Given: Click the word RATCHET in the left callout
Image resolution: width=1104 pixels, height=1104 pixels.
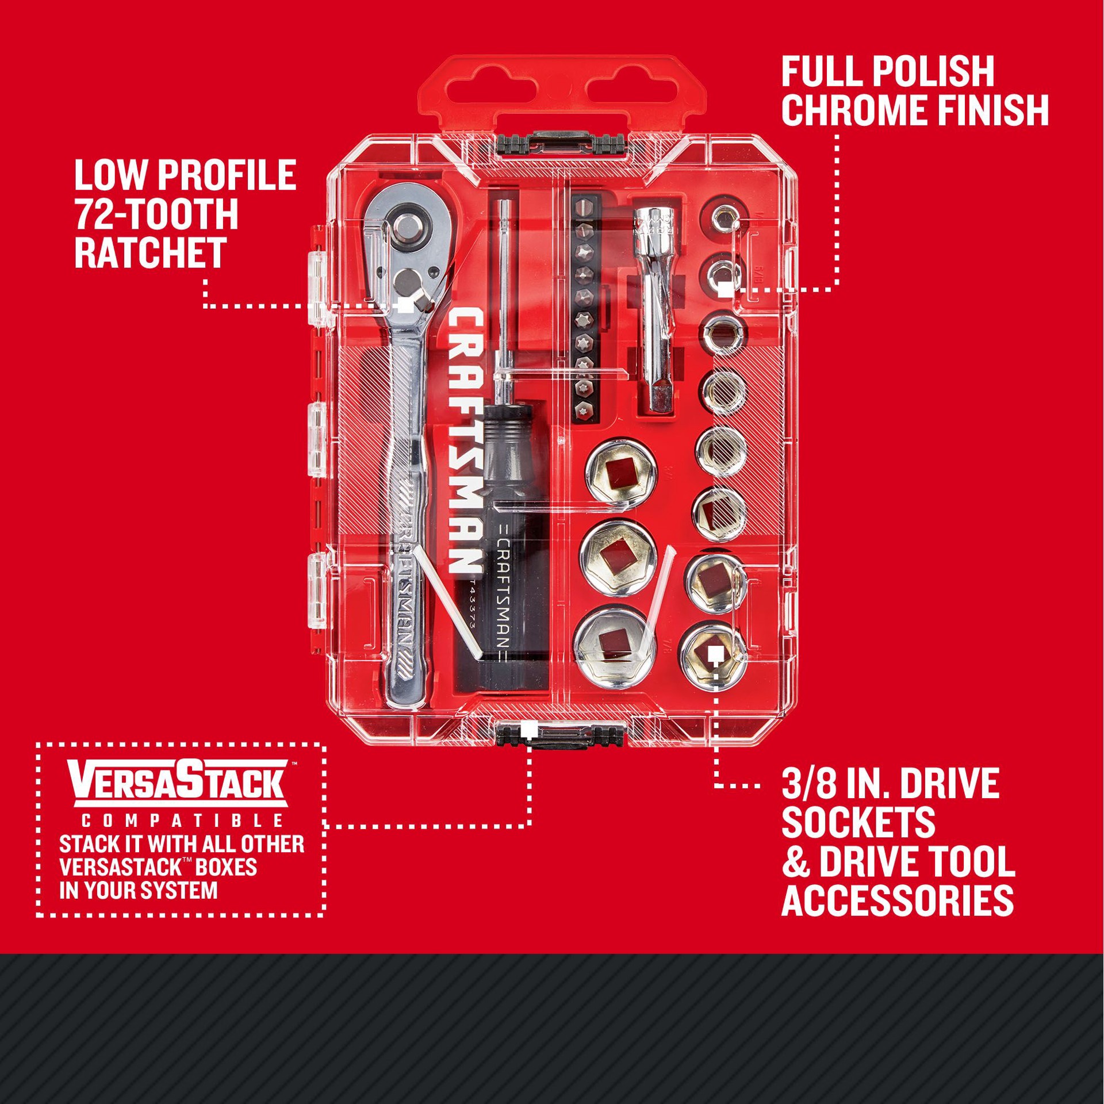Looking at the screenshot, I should coord(151,253).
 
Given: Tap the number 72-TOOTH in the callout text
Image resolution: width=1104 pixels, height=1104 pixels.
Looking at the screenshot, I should coord(156,214).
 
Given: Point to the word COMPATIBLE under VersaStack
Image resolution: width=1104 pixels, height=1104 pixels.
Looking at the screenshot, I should coord(181,821).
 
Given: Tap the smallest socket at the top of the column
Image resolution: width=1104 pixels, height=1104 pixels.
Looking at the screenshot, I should coord(723,221).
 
